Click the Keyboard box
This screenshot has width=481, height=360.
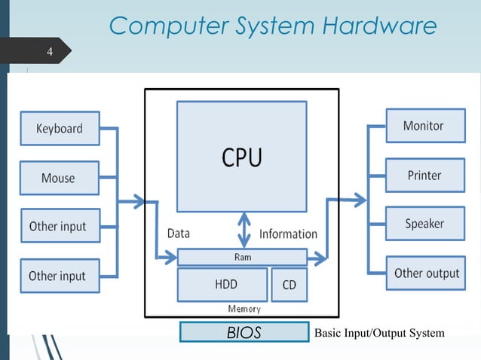[x=59, y=128]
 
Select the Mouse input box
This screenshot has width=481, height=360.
[x=59, y=178]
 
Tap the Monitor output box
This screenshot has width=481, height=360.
[x=424, y=126]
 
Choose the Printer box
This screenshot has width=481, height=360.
[x=424, y=175]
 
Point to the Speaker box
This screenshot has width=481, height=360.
[x=424, y=224]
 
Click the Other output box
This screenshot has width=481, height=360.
[x=426, y=273]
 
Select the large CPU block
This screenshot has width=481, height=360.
[x=241, y=157]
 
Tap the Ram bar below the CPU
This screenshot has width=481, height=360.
[x=242, y=258]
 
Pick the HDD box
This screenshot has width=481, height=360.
[x=222, y=285]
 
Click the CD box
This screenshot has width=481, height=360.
[x=289, y=285]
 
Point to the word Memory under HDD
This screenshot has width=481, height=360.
[x=244, y=309]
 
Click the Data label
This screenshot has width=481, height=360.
[x=179, y=233]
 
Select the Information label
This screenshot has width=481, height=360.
[x=288, y=234]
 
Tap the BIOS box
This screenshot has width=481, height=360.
[x=244, y=332]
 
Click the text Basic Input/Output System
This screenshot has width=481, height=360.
[x=378, y=333]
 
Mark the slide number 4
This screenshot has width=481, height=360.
[x=50, y=52]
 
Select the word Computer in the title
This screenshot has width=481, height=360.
[x=163, y=26]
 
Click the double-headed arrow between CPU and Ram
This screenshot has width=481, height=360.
[x=244, y=229]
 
